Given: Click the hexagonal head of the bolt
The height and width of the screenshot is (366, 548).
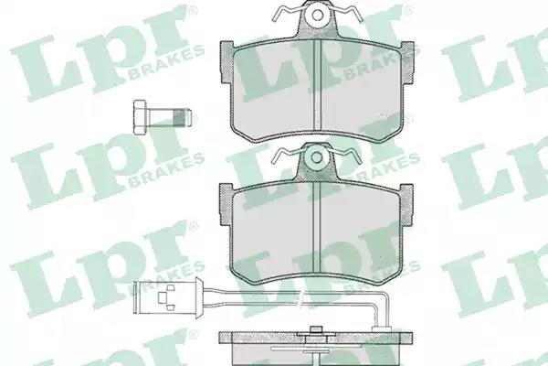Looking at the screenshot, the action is (x=140, y=117).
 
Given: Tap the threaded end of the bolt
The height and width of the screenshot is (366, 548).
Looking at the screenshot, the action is (x=183, y=117).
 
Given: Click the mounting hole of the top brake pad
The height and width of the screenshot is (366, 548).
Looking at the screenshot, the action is (x=317, y=15).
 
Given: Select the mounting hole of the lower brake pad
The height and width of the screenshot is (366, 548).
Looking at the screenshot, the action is (x=317, y=157).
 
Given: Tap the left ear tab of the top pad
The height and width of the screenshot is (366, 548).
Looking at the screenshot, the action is (x=227, y=62).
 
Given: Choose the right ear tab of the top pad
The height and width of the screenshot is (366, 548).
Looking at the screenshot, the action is (x=408, y=62).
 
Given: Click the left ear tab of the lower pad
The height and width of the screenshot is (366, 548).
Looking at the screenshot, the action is (x=226, y=204).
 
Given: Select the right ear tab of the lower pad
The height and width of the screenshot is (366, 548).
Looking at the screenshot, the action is (x=406, y=204).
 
